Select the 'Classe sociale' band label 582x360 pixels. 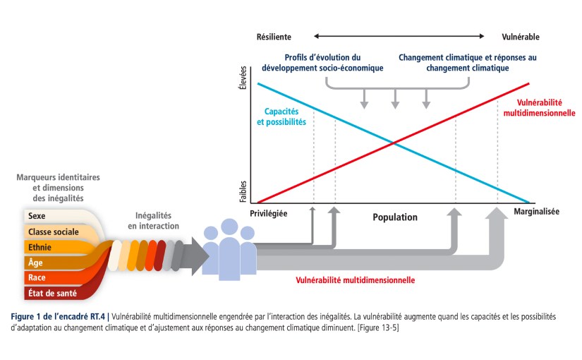(x=53, y=232)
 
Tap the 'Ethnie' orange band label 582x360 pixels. (x=40, y=247)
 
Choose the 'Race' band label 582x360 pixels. (x=37, y=277)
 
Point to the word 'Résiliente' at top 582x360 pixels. (x=274, y=36)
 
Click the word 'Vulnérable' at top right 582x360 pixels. (x=521, y=36)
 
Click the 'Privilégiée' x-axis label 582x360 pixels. (x=269, y=212)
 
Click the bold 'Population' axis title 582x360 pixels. (x=395, y=217)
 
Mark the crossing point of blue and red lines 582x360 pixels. (x=393, y=143)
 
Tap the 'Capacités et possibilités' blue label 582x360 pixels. (x=285, y=116)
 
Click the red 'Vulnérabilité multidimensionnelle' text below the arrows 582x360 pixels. (x=354, y=280)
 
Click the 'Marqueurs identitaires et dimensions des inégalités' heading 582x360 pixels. (x=59, y=187)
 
